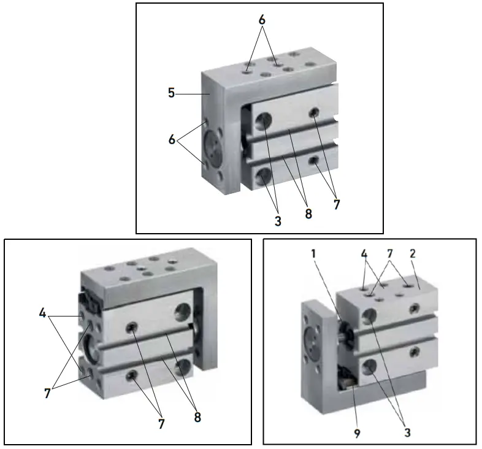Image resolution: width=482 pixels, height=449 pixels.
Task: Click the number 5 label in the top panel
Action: click(172, 94)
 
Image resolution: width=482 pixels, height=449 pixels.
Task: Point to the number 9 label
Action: click(357, 432)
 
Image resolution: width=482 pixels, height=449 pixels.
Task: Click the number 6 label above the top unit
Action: click(262, 20)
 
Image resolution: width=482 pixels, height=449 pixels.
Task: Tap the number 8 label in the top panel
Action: click(308, 214)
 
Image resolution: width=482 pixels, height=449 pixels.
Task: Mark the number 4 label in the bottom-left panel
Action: click(42, 312)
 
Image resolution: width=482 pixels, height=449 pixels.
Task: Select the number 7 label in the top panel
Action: click(336, 205)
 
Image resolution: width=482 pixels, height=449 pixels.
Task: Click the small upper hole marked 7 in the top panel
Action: click(315, 112)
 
